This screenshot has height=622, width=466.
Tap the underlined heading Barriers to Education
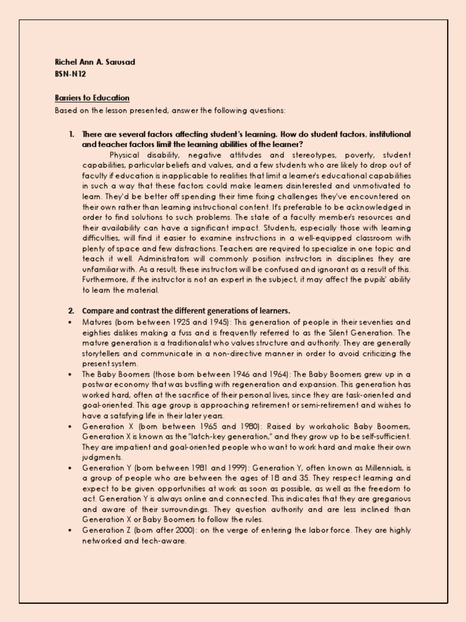(x=92, y=98)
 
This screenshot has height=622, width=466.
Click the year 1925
(x=181, y=322)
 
